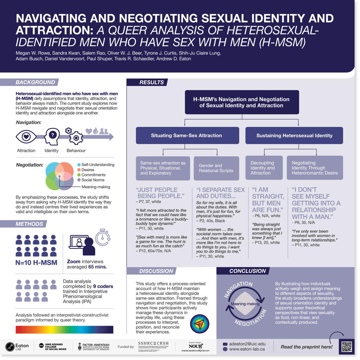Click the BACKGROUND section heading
36,82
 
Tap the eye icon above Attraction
26,135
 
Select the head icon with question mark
52,135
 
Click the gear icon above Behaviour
75,137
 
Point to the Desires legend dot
79,170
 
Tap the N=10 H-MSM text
36,263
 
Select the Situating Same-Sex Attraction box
186,135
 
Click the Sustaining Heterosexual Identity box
294,135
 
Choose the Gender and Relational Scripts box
216,168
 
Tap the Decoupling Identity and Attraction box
264,168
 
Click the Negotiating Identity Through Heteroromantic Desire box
315,168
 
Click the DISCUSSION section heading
156,271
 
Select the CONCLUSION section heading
247,271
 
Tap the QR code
346,347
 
